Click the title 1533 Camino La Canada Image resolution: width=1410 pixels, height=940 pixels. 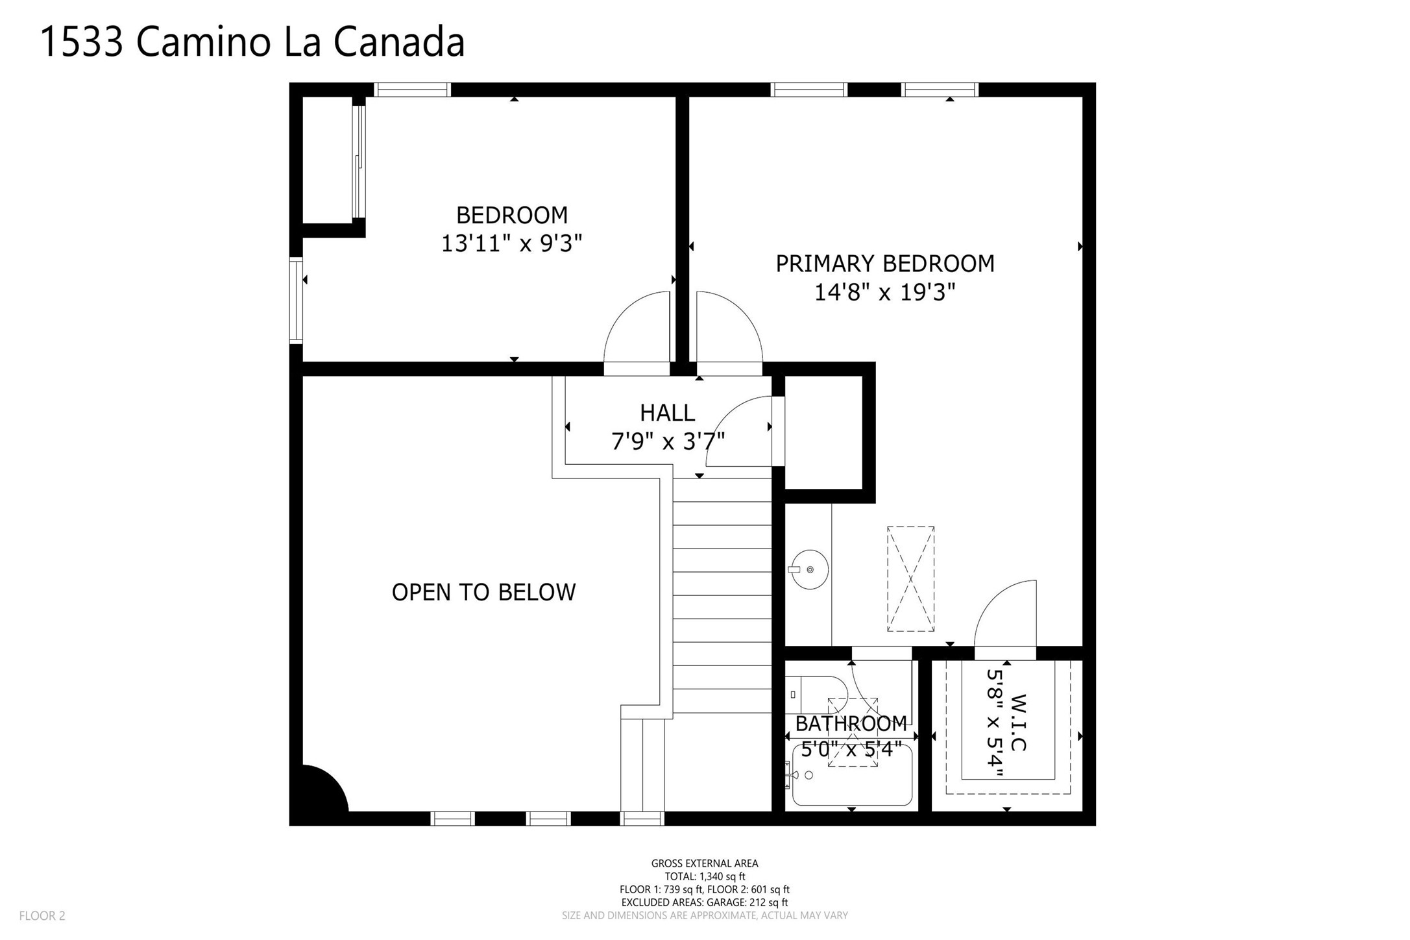tap(252, 42)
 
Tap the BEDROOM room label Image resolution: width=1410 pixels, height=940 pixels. tap(512, 215)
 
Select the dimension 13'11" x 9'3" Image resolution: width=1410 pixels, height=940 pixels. tap(512, 243)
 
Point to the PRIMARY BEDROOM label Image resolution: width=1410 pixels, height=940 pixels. tap(885, 264)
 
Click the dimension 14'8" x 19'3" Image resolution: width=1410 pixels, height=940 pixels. tap(885, 293)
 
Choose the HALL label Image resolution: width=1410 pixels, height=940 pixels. tap(668, 413)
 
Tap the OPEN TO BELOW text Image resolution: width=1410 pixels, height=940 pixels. tap(484, 592)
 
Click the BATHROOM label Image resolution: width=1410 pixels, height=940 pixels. tap(851, 723)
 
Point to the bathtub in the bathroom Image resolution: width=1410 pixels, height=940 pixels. tap(852, 775)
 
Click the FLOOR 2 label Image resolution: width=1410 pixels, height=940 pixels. tap(42, 916)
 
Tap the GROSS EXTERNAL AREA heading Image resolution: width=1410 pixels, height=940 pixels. tap(705, 863)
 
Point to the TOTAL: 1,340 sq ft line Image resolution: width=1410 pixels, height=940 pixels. tap(705, 876)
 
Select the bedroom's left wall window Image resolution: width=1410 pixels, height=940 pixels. tap(296, 300)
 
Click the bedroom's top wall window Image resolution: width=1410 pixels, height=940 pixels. tap(413, 90)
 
